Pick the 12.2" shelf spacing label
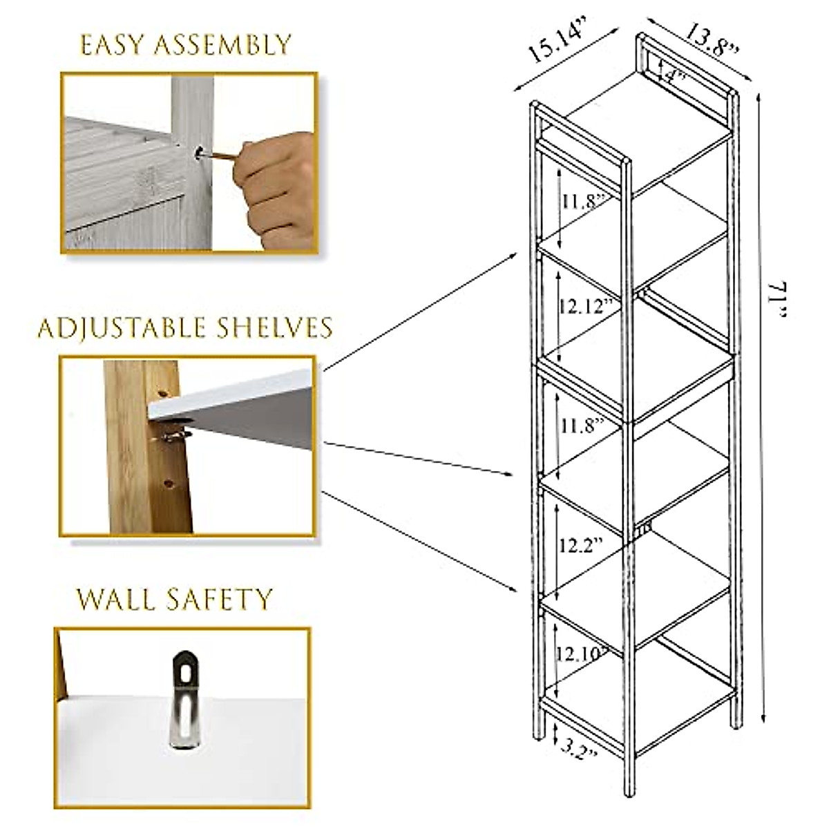[579, 544]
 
